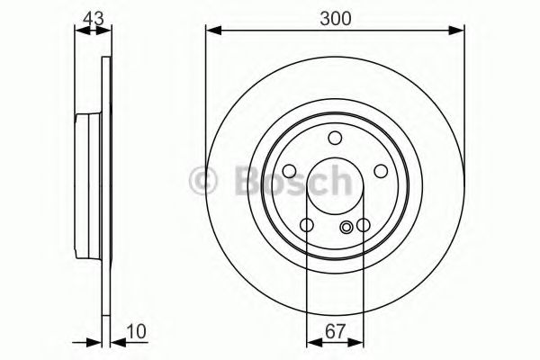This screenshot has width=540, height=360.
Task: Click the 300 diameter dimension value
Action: click(x=334, y=17)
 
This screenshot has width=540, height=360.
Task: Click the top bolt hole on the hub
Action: click(x=335, y=138)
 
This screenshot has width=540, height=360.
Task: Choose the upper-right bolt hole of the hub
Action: click(x=381, y=171)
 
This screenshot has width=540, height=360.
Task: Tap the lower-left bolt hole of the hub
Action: click(x=306, y=225)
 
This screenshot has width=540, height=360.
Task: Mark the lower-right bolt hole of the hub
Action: click(x=364, y=225)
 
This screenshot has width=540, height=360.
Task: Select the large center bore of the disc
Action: click(x=335, y=187)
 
